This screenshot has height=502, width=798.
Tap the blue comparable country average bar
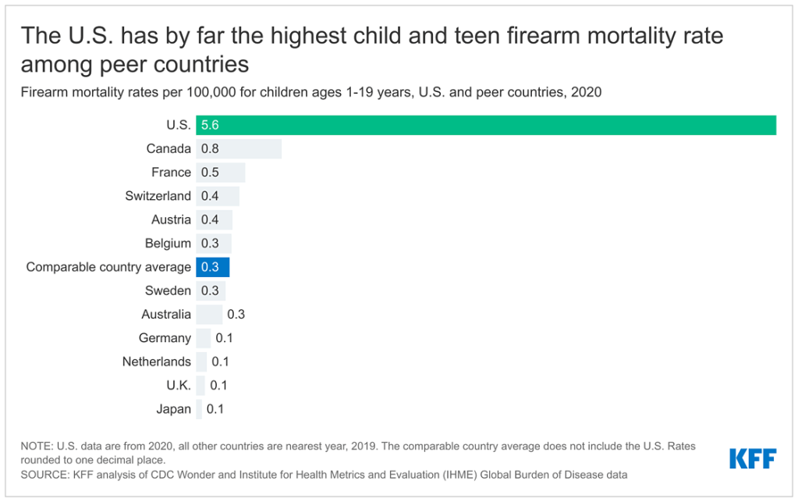pos(212,267)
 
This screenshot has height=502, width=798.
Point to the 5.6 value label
pos(210,125)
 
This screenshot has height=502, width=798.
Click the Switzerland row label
pos(158,196)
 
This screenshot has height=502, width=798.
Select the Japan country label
pos(173,409)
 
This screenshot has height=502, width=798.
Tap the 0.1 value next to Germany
pos(224,338)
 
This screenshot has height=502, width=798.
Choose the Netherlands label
pos(156,361)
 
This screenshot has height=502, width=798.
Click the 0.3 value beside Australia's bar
pos(236,315)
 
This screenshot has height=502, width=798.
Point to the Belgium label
pos(168,244)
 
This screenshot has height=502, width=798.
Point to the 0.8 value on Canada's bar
pos(210,148)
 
